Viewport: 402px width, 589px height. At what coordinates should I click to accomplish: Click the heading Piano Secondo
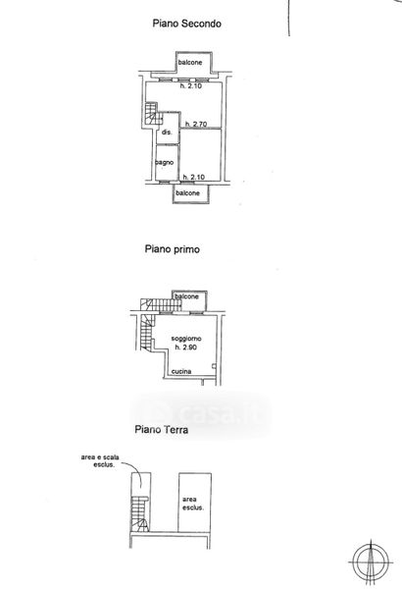coord(186,24)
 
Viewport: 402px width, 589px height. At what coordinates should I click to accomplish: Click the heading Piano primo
coord(172,249)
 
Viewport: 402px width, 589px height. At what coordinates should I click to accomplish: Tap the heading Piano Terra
coord(162,429)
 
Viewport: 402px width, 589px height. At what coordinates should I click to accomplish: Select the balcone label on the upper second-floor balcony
coord(190,63)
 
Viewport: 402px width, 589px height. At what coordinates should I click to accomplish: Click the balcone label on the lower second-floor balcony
coord(187,193)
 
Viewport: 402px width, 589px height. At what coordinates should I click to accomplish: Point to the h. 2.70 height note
coord(196,124)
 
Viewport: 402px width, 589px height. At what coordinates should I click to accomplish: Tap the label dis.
coord(167,133)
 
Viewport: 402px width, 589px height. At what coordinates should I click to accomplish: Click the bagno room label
coord(165,162)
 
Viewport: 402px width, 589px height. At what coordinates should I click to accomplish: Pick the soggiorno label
coord(186,339)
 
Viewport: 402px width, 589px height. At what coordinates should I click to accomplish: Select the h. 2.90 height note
coord(185,348)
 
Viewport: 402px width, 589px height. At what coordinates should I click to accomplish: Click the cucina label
coord(181,371)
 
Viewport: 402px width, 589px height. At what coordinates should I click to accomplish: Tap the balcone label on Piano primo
coord(186,296)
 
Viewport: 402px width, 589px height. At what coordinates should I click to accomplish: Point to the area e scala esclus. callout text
coord(100,461)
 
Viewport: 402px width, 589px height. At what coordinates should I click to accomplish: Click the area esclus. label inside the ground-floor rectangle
coord(193,504)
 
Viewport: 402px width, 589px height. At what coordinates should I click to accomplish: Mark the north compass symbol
coord(371,562)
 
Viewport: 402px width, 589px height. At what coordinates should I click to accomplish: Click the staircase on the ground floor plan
coord(139,513)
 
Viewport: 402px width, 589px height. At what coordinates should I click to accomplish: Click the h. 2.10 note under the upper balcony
coord(190,85)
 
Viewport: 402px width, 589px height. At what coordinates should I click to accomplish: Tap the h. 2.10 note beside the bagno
coord(194,177)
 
